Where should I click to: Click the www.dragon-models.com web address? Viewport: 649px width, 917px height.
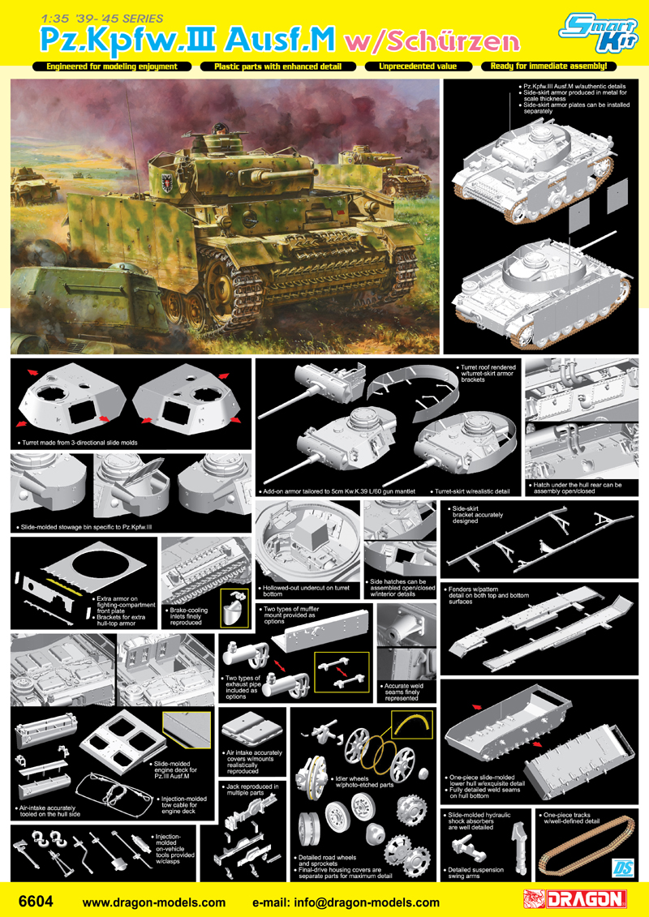(x=154, y=902)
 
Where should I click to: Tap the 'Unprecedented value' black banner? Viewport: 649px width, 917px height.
(x=417, y=66)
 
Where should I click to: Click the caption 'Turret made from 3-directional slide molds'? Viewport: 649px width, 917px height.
(x=76, y=444)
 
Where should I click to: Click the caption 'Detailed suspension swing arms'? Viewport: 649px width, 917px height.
(x=475, y=873)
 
